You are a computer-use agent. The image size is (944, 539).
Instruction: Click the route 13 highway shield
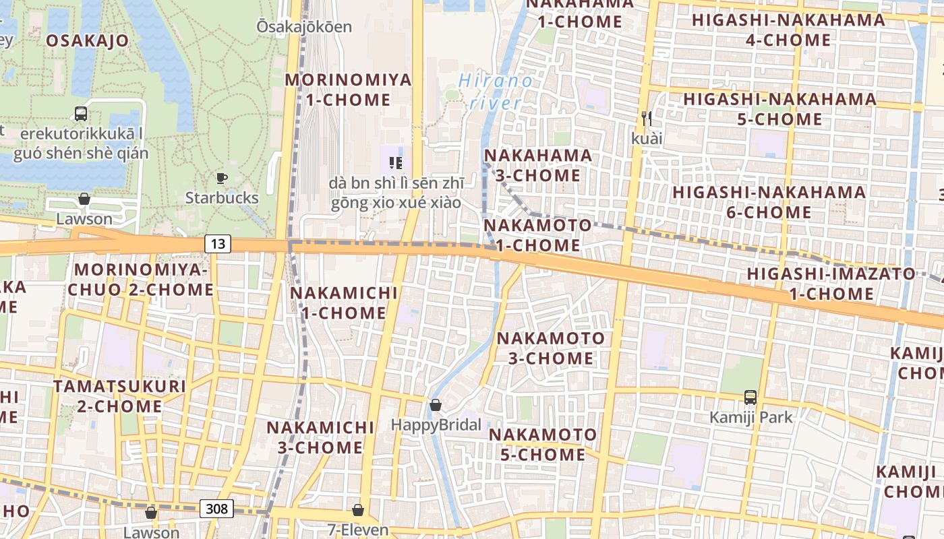point(218,243)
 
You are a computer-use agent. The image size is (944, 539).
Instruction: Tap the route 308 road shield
point(217,509)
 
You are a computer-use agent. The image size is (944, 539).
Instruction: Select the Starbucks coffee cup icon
point(221,179)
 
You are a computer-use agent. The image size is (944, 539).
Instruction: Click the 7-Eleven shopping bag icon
point(358,510)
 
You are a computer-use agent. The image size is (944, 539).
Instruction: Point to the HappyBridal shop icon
point(436,405)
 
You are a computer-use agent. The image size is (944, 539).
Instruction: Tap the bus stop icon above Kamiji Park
point(750,398)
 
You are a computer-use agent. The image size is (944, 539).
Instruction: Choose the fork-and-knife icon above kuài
point(647,119)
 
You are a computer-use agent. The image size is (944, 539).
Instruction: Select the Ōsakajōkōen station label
point(304,27)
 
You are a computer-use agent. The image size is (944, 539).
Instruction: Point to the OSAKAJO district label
point(87,40)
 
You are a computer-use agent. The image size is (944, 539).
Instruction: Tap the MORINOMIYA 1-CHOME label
point(348,90)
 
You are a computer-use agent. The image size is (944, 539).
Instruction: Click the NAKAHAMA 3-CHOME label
point(538,165)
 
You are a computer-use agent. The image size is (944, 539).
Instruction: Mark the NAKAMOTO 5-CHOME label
point(543,445)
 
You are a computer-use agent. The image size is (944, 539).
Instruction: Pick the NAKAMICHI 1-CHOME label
point(344,303)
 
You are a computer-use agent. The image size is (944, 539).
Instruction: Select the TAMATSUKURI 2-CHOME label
point(119,396)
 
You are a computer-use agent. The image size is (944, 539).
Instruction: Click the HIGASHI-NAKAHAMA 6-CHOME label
point(769,202)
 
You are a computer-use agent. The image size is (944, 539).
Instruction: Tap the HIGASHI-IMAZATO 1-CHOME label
point(831,284)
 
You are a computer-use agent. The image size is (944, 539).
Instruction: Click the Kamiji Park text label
point(751,418)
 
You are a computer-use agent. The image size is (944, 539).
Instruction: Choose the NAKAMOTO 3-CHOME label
point(551,348)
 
